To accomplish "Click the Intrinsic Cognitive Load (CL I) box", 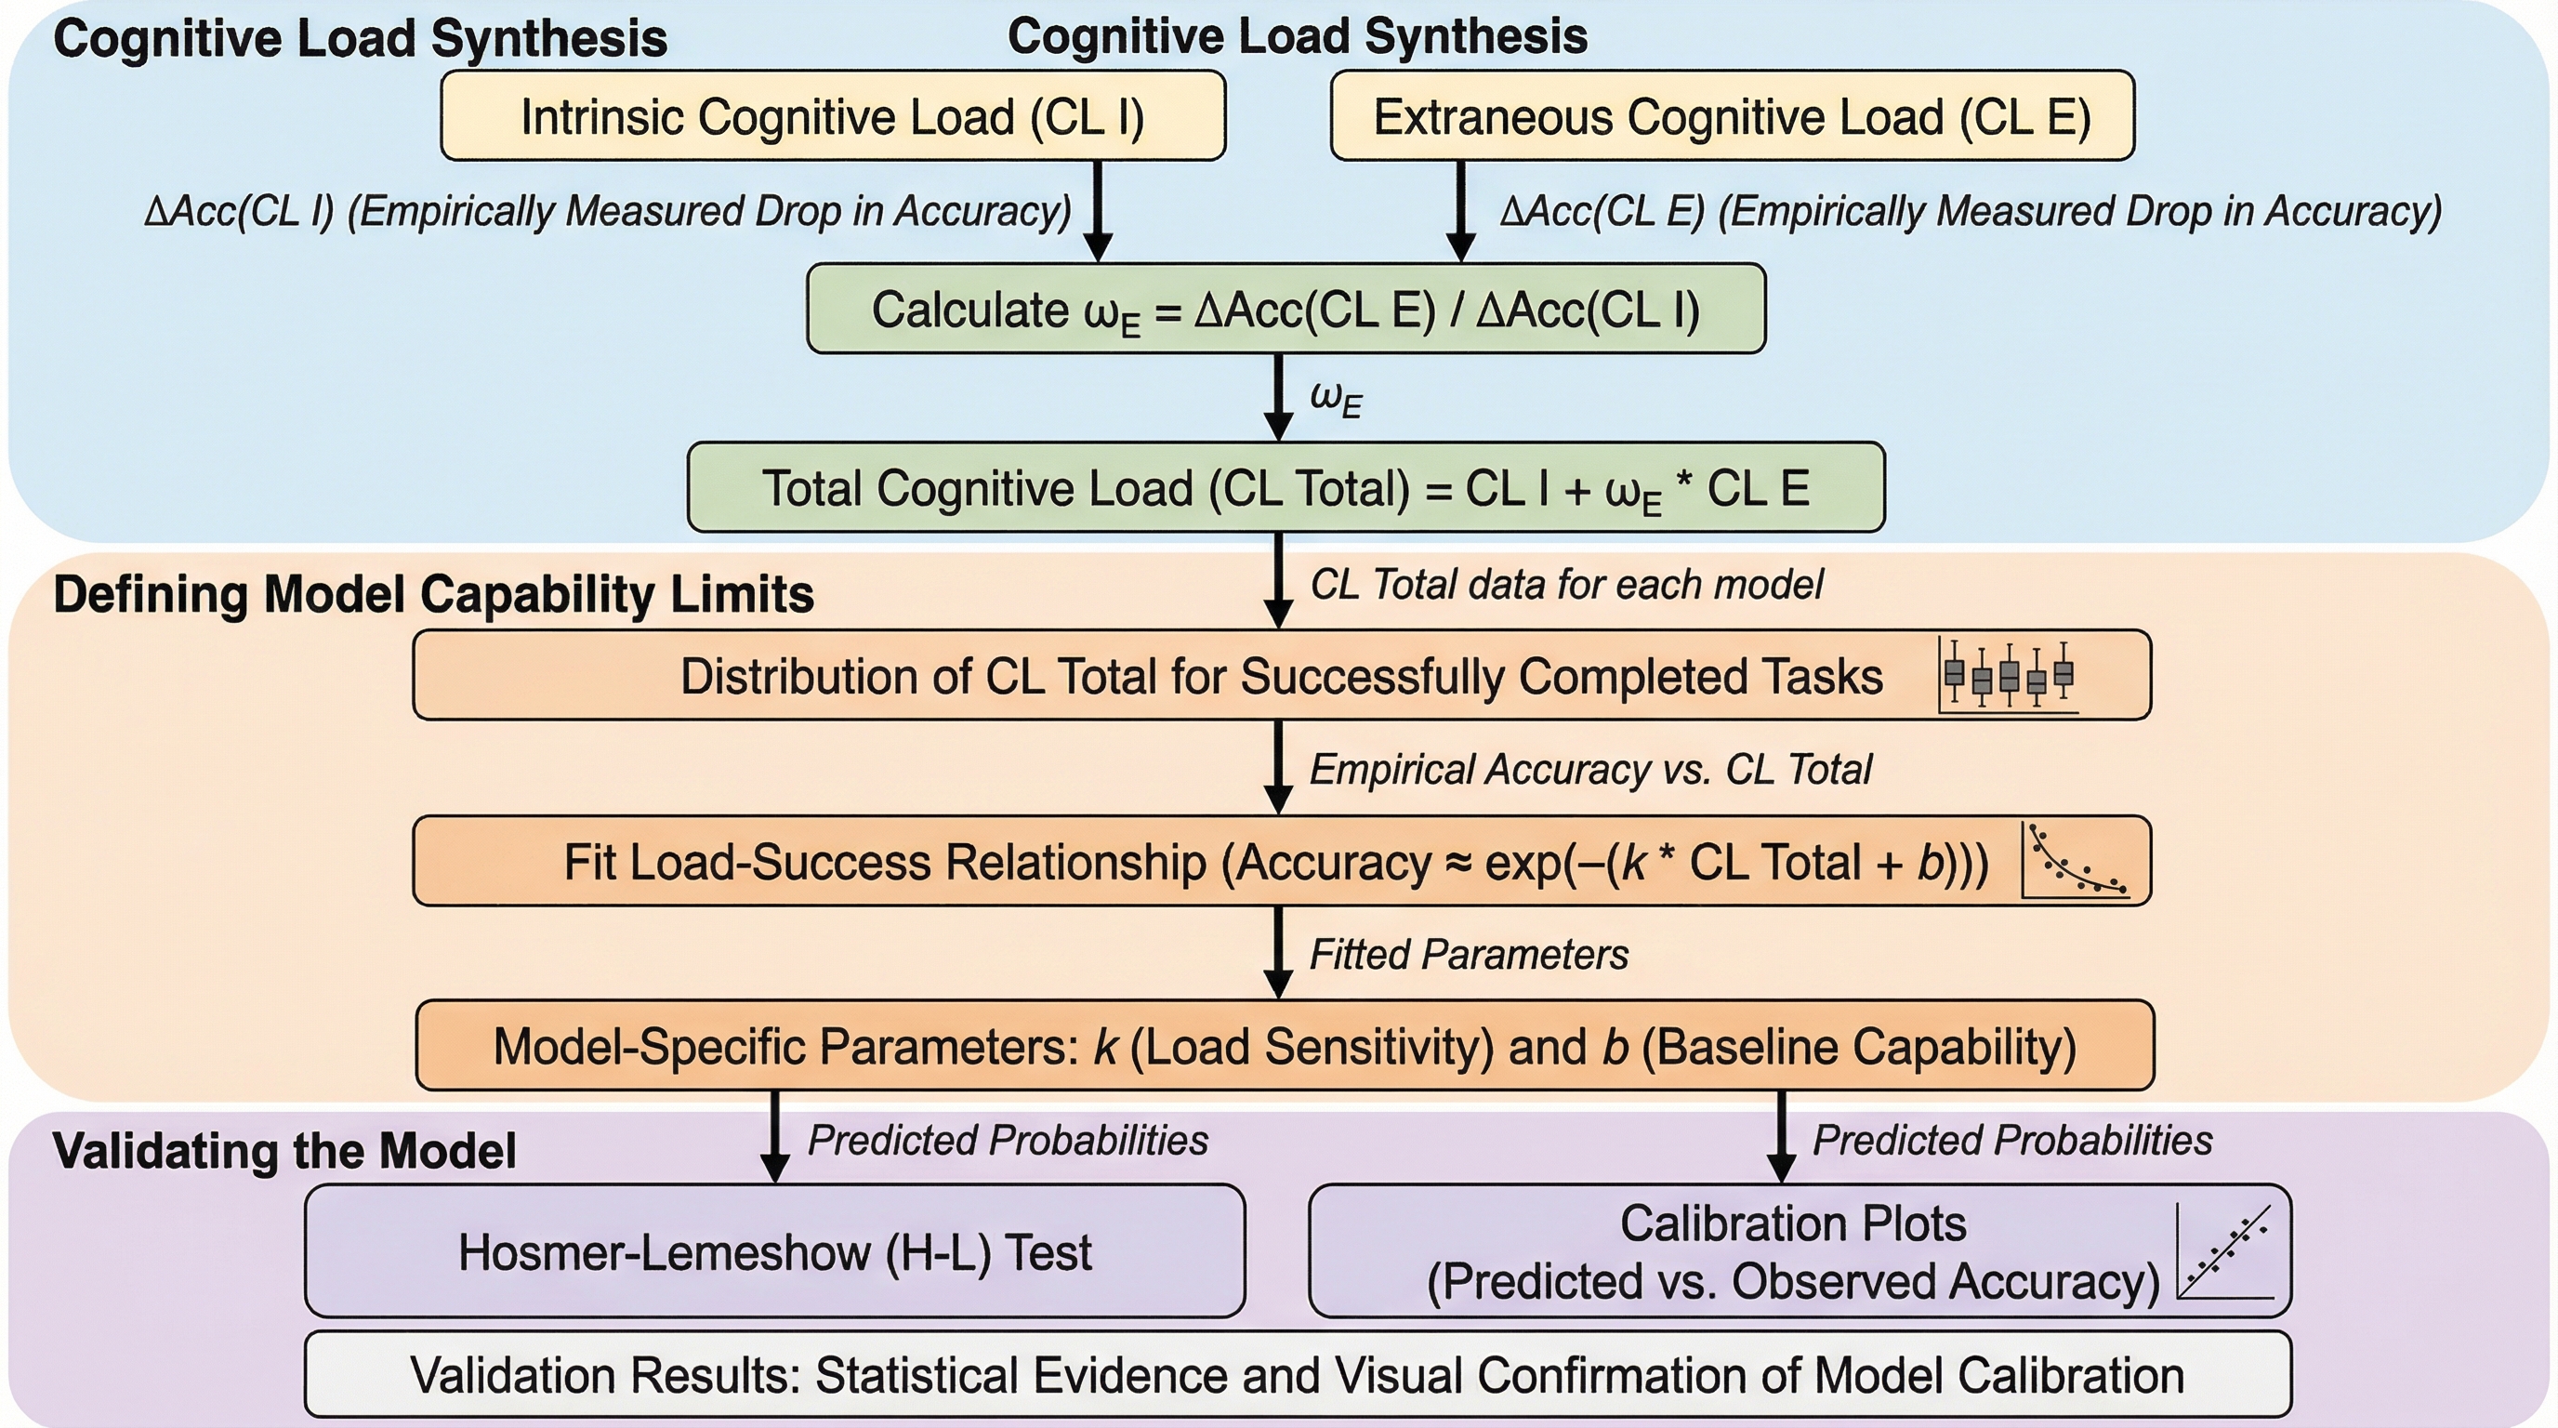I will (x=832, y=116).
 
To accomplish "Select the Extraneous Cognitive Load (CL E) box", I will (x=1732, y=116).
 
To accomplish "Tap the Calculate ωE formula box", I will (x=1286, y=309).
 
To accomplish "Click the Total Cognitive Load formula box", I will (x=1286, y=487).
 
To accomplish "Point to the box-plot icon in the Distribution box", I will (x=2008, y=675).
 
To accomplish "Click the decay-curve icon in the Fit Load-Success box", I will (x=2076, y=860).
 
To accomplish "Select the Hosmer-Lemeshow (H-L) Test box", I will (x=774, y=1251).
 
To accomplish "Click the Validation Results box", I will (x=1297, y=1375).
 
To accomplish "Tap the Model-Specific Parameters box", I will (x=1285, y=1046).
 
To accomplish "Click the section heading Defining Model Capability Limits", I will (x=433, y=595).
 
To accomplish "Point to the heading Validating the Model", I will (x=284, y=1151).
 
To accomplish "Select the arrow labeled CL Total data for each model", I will (x=1279, y=581).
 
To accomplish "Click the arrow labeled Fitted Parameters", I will (x=1279, y=953).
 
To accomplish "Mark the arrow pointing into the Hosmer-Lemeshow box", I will (x=774, y=1137).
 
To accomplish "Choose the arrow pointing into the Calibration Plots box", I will (x=1782, y=1137).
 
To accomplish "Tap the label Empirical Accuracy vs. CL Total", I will (x=1589, y=770).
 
